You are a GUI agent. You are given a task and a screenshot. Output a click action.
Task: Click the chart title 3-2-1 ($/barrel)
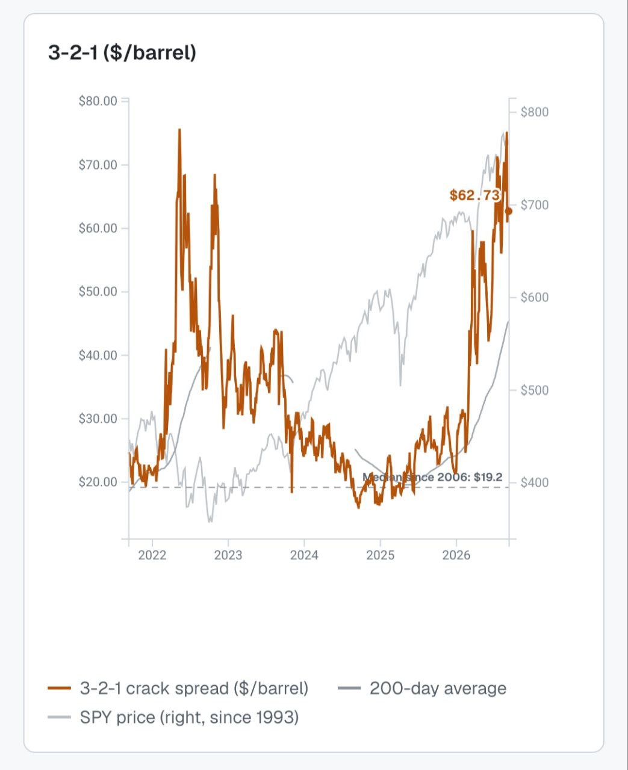click(x=122, y=52)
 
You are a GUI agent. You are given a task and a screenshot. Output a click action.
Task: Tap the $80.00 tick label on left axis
click(x=98, y=101)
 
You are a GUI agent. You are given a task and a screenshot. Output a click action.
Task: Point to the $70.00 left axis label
click(x=98, y=165)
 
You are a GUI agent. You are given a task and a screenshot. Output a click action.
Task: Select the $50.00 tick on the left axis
click(x=98, y=291)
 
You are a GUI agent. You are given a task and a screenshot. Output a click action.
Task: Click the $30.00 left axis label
click(x=98, y=419)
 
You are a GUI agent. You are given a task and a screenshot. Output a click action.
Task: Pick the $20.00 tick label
click(x=98, y=482)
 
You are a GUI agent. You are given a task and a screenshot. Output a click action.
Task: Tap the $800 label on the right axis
click(x=534, y=112)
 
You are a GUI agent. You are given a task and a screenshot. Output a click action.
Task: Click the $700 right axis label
click(x=534, y=205)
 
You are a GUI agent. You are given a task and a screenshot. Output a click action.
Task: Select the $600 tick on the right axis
click(x=534, y=297)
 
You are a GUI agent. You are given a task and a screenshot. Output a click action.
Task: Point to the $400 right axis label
click(x=534, y=482)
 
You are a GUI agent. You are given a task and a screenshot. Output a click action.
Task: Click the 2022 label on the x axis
click(x=152, y=555)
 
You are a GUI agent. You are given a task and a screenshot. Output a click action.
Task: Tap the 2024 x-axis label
click(x=304, y=555)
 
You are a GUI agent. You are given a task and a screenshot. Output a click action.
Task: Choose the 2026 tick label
click(x=456, y=555)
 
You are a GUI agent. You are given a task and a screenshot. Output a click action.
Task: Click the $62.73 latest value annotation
click(x=474, y=196)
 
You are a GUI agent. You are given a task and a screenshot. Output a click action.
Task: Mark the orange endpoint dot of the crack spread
click(x=509, y=212)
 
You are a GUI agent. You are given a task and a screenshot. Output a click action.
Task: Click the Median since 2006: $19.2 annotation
click(x=432, y=477)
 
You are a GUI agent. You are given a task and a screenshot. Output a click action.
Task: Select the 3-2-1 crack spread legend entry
click(x=178, y=688)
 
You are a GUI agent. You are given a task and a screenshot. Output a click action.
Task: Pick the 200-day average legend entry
click(x=422, y=688)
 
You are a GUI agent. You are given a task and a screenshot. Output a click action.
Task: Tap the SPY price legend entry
click(x=173, y=717)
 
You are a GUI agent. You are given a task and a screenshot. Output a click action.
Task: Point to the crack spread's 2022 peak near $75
click(x=179, y=129)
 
